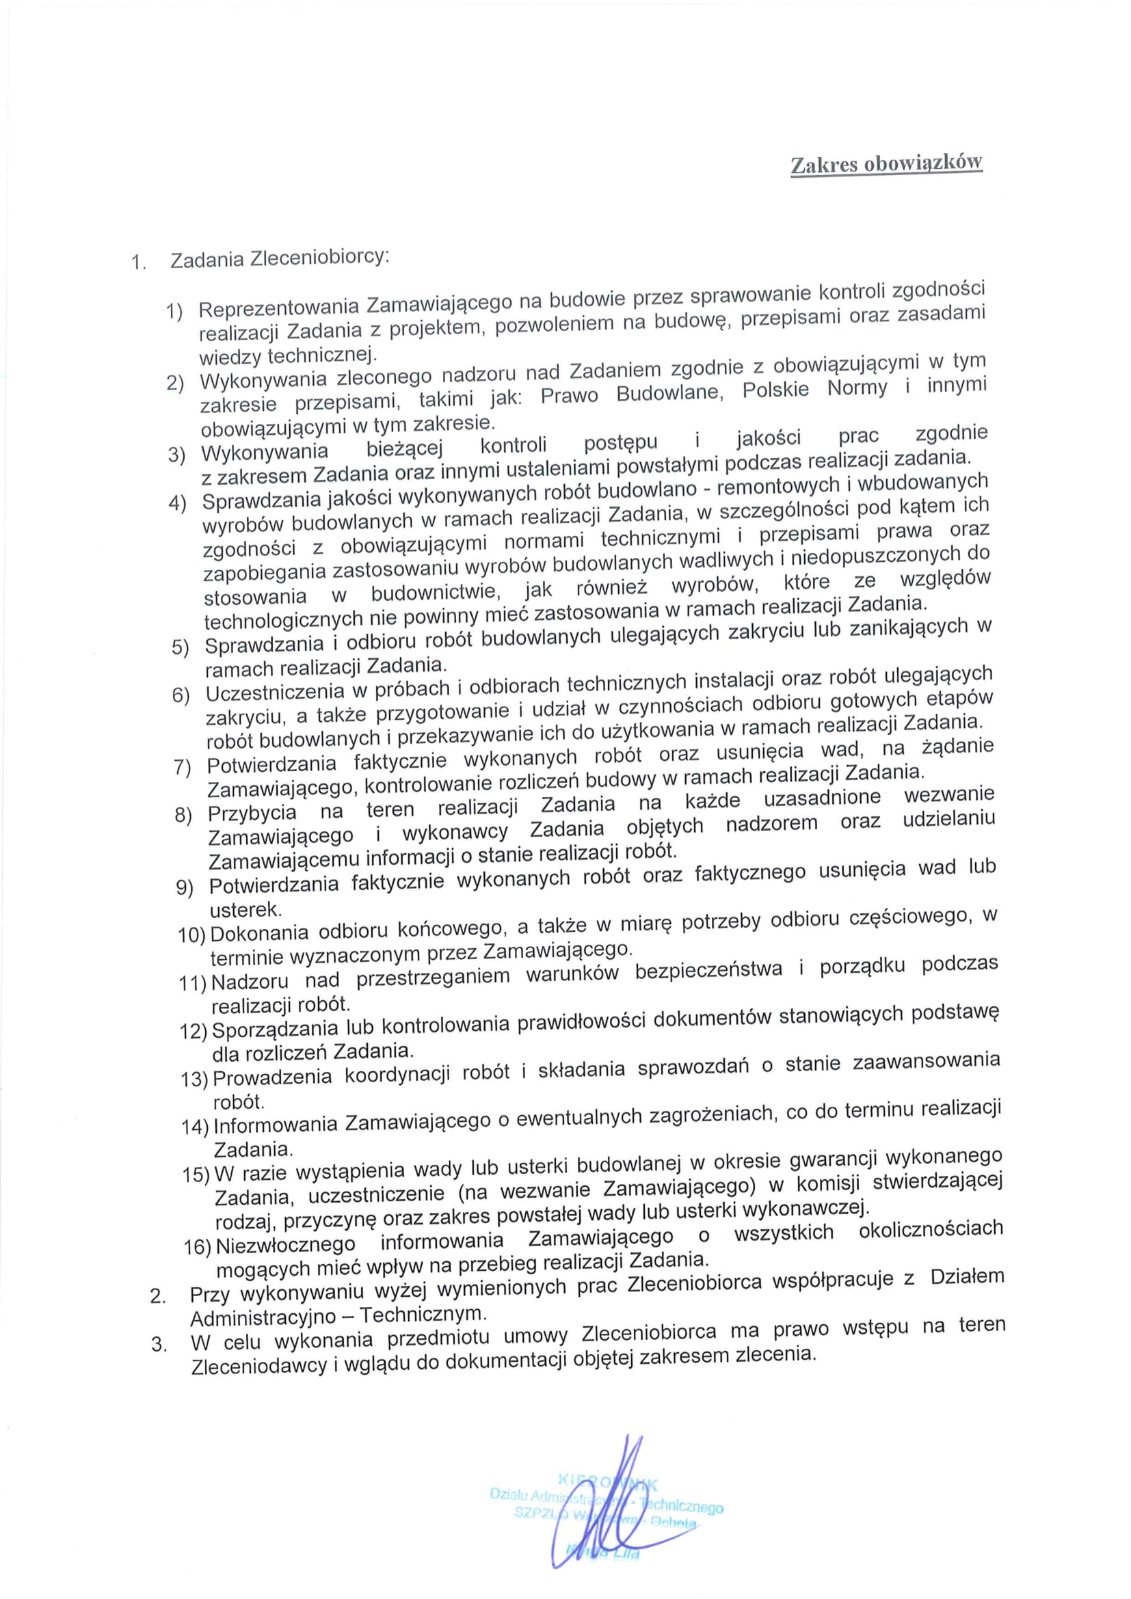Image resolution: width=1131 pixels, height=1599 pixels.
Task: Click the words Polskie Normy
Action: click(x=815, y=388)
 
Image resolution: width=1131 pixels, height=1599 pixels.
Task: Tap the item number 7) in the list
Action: click(x=183, y=767)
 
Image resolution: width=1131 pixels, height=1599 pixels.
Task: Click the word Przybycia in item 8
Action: click(x=252, y=813)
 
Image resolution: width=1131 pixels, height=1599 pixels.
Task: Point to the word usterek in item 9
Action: click(x=245, y=909)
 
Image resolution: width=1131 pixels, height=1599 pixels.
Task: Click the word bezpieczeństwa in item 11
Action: click(x=709, y=970)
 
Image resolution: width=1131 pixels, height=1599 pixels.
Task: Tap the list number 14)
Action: click(x=195, y=1127)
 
